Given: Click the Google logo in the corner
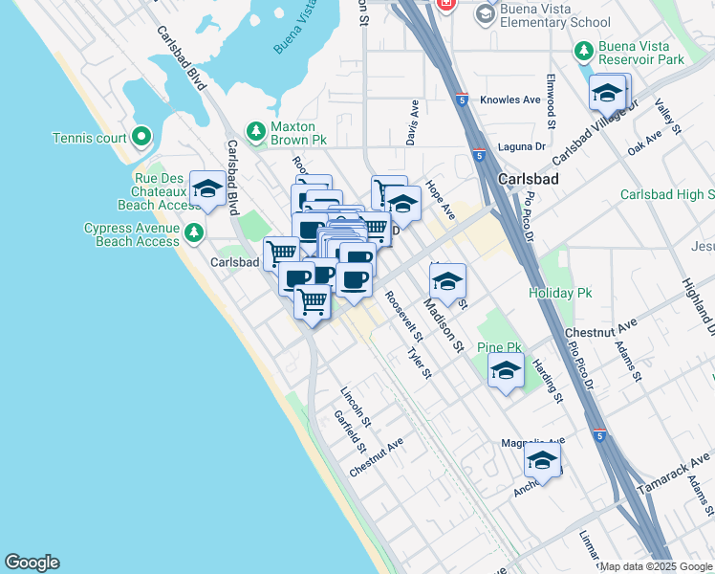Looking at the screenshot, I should coord(32,563).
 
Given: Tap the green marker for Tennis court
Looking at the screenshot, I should coord(142,138).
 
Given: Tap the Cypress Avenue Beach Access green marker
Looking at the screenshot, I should coord(195,232).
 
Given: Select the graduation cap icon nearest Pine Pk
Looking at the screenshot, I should coord(506,371).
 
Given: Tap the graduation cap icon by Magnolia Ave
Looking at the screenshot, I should coord(542,462).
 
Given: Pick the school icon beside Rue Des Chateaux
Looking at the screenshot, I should coord(207,189).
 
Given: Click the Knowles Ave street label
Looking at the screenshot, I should coord(511,99).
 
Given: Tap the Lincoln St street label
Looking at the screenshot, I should coord(356,406).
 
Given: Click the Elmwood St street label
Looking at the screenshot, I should coord(551,101).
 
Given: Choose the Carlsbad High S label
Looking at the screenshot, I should coord(667,194).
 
